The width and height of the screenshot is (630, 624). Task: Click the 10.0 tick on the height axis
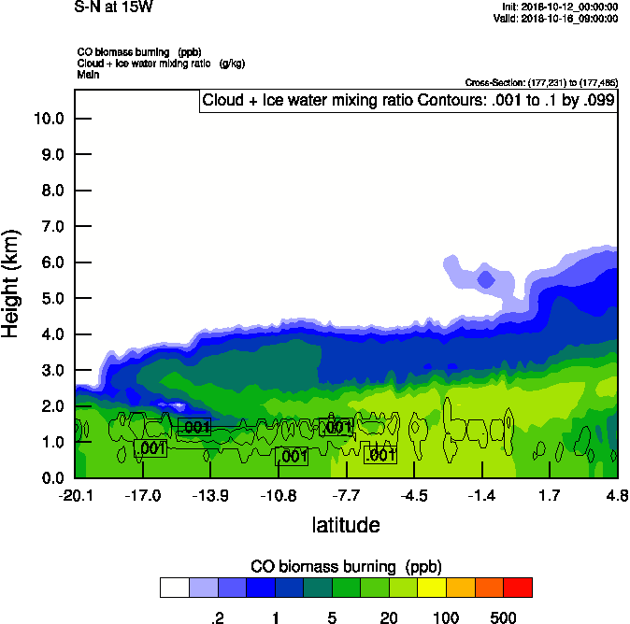(x=49, y=119)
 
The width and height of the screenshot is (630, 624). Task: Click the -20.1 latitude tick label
(x=75, y=494)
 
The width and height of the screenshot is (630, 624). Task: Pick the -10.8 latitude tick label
(x=279, y=494)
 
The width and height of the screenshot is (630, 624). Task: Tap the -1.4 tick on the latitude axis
(x=481, y=494)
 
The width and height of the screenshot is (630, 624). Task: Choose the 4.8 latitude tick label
(x=616, y=494)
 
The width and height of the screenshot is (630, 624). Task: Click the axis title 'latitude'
(x=346, y=525)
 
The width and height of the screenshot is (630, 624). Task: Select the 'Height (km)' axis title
(x=12, y=282)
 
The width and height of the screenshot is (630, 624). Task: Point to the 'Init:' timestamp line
(x=559, y=7)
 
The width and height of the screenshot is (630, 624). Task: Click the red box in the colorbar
(x=518, y=588)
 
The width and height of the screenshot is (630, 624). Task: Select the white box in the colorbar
(x=175, y=588)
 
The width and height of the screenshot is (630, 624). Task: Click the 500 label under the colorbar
(x=504, y=617)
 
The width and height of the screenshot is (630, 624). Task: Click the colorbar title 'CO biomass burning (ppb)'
(x=346, y=566)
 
